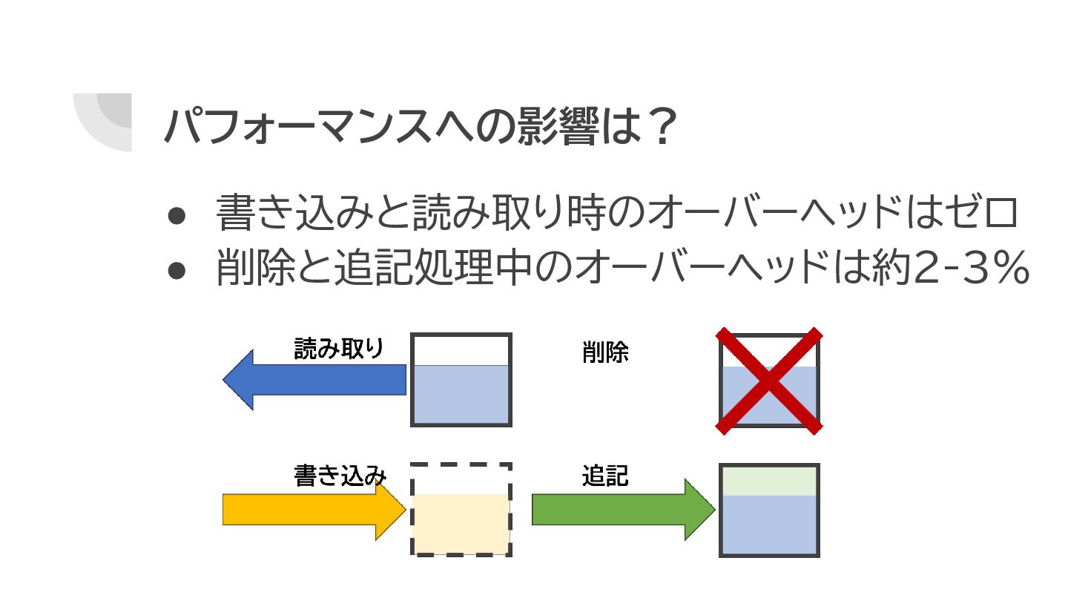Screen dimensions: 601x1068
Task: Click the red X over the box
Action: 769,381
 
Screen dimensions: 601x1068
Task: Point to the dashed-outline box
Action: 461,510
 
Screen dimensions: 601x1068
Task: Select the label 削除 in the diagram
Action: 605,353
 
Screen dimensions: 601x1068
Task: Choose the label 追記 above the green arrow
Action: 605,476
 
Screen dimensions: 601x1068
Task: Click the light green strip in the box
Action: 769,481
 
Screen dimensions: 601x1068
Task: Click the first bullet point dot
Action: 177,215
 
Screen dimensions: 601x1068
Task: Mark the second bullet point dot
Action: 177,270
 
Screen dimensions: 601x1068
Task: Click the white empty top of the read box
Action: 461,351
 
